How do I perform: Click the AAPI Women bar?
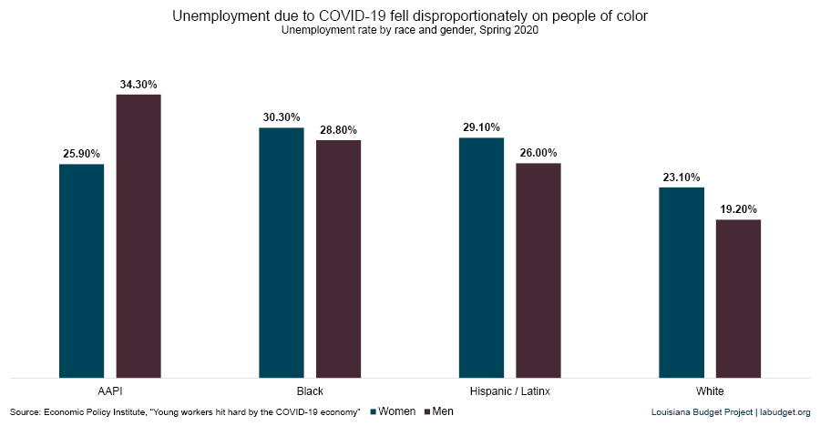pyautogui.click(x=81, y=270)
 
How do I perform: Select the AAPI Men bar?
pyautogui.click(x=138, y=236)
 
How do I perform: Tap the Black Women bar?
pyautogui.click(x=282, y=252)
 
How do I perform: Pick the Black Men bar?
pyautogui.click(x=338, y=259)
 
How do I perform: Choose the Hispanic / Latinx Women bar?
pyautogui.click(x=481, y=258)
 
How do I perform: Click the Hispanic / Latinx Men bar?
pyautogui.click(x=538, y=270)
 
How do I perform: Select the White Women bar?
pyautogui.click(x=682, y=282)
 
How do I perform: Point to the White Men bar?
pyautogui.click(x=738, y=298)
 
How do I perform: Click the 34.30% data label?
pyautogui.click(x=138, y=85)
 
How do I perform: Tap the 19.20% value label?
pyautogui.click(x=738, y=209)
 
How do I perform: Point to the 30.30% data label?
pyautogui.click(x=282, y=117)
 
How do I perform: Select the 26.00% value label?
pyautogui.click(x=538, y=153)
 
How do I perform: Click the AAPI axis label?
pyautogui.click(x=110, y=390)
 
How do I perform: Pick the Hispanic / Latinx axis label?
pyautogui.click(x=510, y=390)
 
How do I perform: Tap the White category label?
pyautogui.click(x=710, y=390)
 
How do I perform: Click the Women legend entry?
pyautogui.click(x=393, y=412)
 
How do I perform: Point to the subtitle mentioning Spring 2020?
pyautogui.click(x=409, y=30)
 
